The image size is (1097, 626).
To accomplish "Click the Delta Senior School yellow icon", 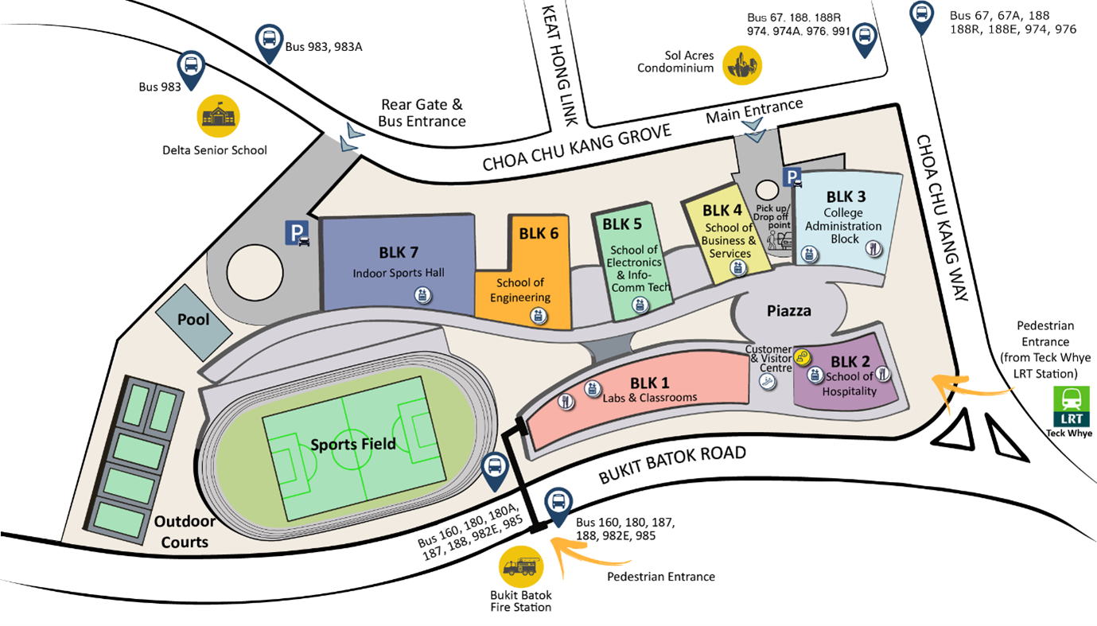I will coord(218,117).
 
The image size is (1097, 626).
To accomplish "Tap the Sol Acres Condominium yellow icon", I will coord(741,64).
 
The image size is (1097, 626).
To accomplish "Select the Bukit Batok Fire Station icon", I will coord(520,567).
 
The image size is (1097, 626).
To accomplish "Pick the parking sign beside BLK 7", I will coord(298,234).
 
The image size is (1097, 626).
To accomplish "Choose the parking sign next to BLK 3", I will coord(792,178).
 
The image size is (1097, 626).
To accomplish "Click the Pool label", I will coord(193,319).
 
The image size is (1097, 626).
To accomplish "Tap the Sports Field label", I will coord(352,444).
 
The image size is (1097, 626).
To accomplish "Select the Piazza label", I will coord(789,311).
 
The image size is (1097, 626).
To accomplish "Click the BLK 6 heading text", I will coord(539,234).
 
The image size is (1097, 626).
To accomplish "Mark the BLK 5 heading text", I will coord(621,224).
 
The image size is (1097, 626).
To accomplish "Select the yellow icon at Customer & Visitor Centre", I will coord(803,357).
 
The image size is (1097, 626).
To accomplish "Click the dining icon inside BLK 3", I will coord(873,248).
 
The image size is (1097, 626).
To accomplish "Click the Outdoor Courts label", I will coord(185,531).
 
